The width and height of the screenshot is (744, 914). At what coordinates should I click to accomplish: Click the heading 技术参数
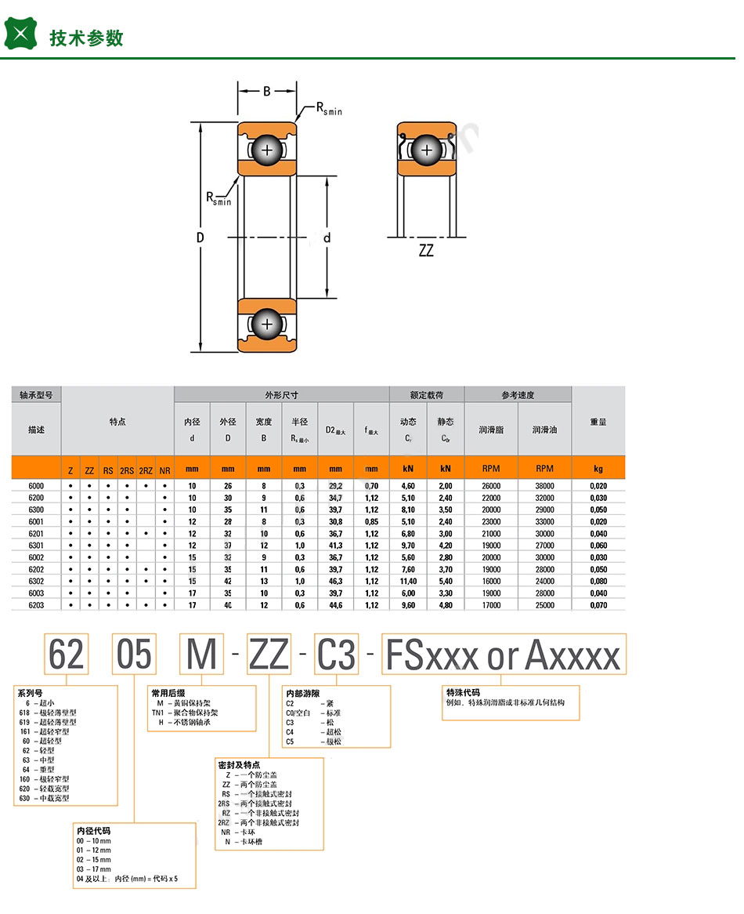(x=86, y=38)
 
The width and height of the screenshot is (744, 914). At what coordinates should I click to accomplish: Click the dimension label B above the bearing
(x=266, y=91)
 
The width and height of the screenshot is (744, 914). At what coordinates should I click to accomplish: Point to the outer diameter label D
(x=200, y=238)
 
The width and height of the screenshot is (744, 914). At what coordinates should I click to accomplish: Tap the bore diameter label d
(x=327, y=238)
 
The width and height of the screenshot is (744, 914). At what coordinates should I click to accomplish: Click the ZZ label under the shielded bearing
(x=426, y=252)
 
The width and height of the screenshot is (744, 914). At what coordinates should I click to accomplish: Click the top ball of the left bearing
(x=268, y=150)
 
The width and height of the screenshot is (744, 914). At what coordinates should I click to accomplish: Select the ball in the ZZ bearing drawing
(x=427, y=149)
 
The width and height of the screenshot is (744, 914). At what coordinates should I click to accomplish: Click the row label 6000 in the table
(x=36, y=486)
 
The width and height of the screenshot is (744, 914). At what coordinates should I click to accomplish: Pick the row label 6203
(x=36, y=604)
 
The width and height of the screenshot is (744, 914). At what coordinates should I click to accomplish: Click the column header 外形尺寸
(x=281, y=395)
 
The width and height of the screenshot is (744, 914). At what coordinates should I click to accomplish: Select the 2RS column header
(x=127, y=470)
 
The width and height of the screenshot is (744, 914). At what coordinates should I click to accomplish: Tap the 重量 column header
(x=598, y=422)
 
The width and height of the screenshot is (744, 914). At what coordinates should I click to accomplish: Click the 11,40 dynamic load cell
(x=408, y=581)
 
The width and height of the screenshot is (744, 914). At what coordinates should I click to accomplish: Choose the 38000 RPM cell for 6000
(x=544, y=486)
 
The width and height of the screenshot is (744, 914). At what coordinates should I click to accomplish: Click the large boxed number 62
(x=66, y=654)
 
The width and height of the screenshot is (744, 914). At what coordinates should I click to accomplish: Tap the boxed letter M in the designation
(x=201, y=654)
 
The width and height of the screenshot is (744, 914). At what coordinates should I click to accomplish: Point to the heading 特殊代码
(x=462, y=693)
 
